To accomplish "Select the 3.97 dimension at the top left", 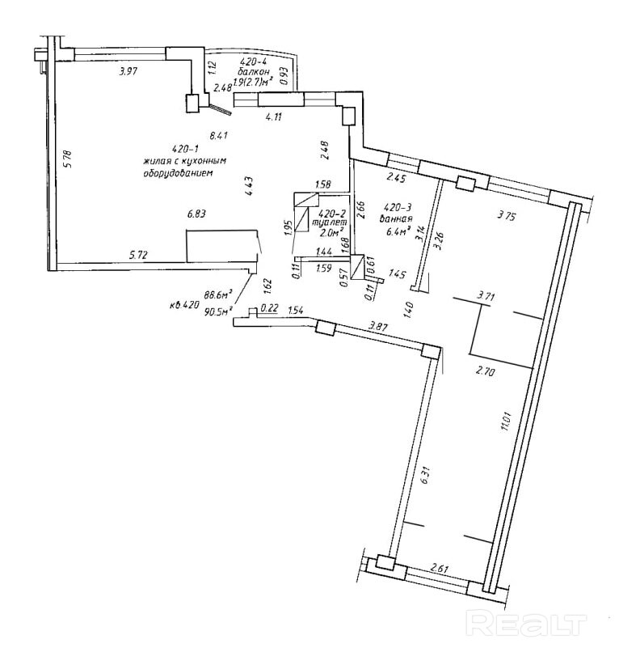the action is pos(128,72).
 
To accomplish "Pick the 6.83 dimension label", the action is pos(197,214).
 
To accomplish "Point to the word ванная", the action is pos(400,219).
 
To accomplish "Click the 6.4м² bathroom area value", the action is pos(399,231).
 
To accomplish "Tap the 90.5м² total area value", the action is pos(218,309).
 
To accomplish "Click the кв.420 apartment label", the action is pos(183,305).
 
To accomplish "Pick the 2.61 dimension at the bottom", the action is pos(439,568).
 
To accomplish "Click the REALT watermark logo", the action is pos(525,623).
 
